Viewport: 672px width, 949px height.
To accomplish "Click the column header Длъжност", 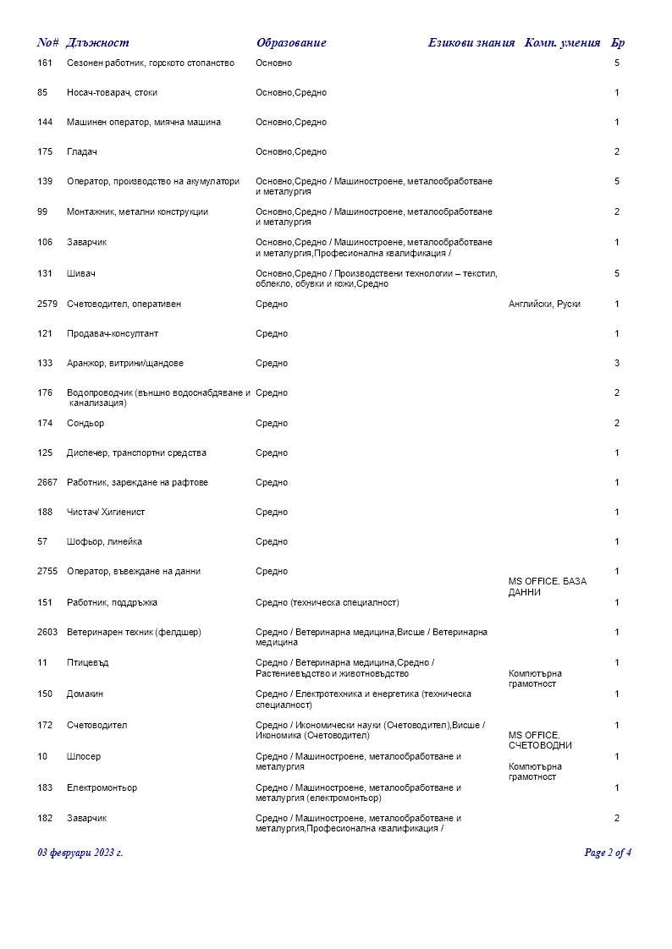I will pyautogui.click(x=97, y=43).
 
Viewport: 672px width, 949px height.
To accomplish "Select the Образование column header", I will pyautogui.click(x=290, y=43).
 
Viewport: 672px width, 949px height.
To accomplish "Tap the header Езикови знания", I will pyautogui.click(x=471, y=43).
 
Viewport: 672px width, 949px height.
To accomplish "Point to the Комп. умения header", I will pyautogui.click(x=562, y=43).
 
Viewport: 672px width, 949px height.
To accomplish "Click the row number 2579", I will pyautogui.click(x=47, y=304).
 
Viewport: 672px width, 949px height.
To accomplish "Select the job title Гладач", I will pyautogui.click(x=81, y=152).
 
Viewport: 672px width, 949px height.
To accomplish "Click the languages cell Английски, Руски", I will pyautogui.click(x=544, y=304).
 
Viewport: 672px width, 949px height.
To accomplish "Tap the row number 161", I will pyautogui.click(x=45, y=63).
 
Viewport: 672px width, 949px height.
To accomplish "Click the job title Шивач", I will pyautogui.click(x=79, y=274).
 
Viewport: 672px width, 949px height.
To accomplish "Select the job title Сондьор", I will pyautogui.click(x=85, y=424).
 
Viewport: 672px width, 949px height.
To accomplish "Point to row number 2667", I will pyautogui.click(x=47, y=483).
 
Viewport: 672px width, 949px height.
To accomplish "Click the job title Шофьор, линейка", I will pyautogui.click(x=104, y=542).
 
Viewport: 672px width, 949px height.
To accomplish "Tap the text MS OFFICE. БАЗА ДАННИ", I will pyautogui.click(x=547, y=587).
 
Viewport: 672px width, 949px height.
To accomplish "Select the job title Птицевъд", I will pyautogui.click(x=88, y=663).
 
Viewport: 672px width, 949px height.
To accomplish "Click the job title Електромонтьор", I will pyautogui.click(x=102, y=788).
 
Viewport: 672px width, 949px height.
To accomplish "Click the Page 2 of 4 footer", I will pyautogui.click(x=608, y=853).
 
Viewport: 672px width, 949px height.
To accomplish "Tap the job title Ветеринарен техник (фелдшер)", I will pyautogui.click(x=134, y=633).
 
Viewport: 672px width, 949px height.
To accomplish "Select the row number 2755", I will pyautogui.click(x=47, y=572).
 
